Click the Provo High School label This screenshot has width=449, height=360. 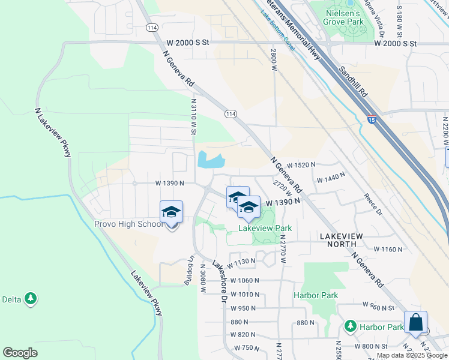pos(128,224)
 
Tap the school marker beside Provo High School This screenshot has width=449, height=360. pos(171,212)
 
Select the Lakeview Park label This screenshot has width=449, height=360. pos(265,228)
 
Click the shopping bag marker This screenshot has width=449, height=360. pos(415,323)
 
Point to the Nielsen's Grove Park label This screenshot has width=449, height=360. pos(345,17)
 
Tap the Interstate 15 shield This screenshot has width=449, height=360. pos(372,119)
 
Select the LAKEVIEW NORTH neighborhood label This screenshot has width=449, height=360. pos(341,236)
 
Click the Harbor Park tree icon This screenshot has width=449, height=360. pos(351,326)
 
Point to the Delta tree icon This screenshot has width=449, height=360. pos(29,298)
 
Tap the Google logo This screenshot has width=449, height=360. pos(20,352)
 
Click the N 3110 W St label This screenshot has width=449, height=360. pos(194,118)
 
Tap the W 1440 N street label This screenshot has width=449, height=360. pos(331,178)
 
